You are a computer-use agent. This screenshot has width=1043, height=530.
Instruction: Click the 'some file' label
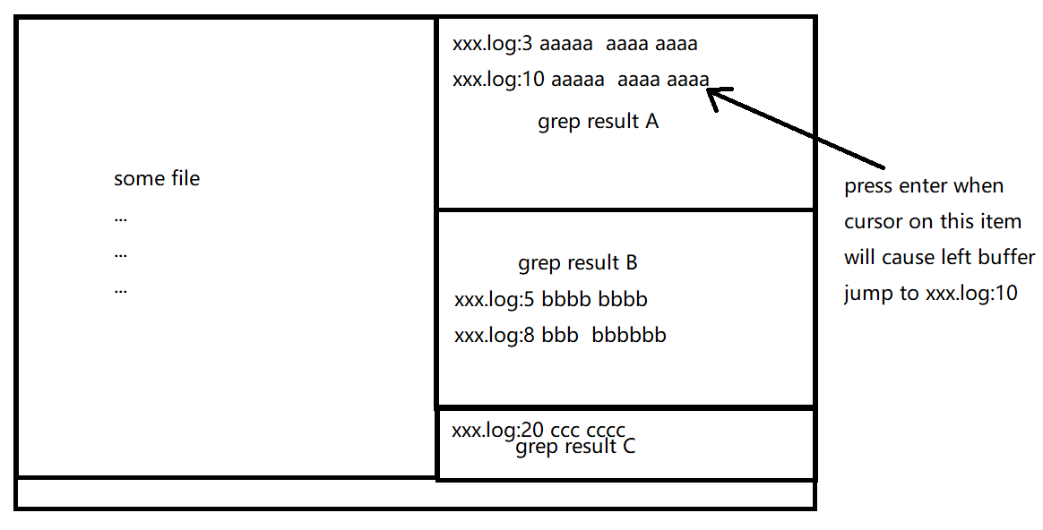click(x=157, y=178)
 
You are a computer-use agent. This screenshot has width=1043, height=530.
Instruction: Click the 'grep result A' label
click(x=598, y=122)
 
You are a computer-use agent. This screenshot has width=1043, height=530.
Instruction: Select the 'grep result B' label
click(x=578, y=263)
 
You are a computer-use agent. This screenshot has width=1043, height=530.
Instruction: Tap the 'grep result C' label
click(x=575, y=447)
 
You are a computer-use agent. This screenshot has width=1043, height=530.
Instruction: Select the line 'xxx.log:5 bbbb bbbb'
click(x=551, y=300)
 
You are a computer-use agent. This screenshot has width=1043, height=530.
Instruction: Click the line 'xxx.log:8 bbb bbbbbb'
click(x=560, y=336)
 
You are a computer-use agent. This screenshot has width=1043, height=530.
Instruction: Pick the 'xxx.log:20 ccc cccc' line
click(x=539, y=430)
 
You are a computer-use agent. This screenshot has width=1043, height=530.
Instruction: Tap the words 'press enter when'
click(x=924, y=187)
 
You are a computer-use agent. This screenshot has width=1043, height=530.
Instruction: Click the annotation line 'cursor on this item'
click(x=932, y=221)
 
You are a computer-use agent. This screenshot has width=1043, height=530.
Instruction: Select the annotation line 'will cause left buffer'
click(x=939, y=257)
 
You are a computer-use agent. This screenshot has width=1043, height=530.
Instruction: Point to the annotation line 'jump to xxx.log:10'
click(x=930, y=293)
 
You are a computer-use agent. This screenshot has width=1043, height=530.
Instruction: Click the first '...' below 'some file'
click(x=121, y=218)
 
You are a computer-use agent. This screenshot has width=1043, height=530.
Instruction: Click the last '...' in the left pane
click(x=121, y=289)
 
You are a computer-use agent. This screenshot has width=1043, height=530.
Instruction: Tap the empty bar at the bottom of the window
click(x=415, y=494)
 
